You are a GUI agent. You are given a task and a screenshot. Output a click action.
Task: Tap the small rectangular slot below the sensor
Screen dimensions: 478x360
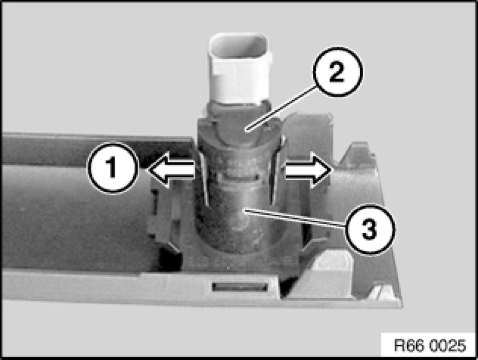click(239, 286)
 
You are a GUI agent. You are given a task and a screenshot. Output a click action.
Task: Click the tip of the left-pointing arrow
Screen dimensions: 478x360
click(147, 170)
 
